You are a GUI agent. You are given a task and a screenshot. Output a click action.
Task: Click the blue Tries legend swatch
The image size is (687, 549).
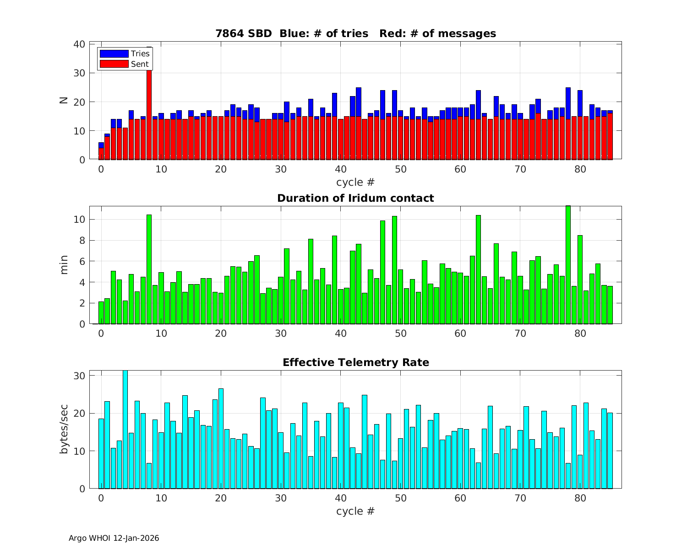tap(114, 54)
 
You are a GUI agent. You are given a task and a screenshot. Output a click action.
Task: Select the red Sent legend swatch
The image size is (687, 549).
tap(114, 64)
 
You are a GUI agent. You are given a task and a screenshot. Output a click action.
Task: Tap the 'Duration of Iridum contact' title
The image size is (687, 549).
tap(355, 198)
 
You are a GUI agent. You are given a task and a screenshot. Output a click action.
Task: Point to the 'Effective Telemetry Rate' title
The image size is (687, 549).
tap(355, 362)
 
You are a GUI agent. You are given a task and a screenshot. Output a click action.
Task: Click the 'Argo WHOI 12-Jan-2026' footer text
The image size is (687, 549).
tap(114, 538)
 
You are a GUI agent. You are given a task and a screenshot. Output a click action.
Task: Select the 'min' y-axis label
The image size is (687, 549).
tap(64, 265)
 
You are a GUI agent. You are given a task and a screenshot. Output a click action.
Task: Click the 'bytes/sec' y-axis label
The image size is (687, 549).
tap(64, 429)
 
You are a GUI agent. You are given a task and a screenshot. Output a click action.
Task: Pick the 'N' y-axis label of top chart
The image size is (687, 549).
tap(64, 100)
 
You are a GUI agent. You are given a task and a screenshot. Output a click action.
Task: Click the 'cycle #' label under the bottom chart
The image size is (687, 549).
tap(355, 511)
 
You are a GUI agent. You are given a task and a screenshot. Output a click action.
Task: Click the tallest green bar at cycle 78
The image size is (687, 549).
tap(568, 265)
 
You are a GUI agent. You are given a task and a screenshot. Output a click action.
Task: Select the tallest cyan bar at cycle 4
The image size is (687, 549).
tap(125, 430)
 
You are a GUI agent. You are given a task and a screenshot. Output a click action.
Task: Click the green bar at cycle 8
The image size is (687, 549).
tap(149, 270)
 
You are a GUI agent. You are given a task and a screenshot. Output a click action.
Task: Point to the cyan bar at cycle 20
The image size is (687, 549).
tap(221, 439)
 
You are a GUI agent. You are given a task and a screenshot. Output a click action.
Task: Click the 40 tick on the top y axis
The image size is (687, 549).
tap(79, 44)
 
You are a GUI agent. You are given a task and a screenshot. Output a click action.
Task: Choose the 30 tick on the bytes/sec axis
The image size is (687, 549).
tap(79, 376)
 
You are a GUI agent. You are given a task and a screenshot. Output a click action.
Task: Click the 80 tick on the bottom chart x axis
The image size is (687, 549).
tap(580, 498)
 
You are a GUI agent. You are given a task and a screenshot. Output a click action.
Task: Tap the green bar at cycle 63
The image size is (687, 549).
tap(478, 270)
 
